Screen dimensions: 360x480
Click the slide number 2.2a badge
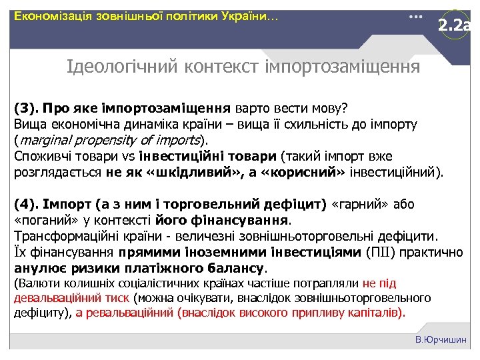coord(455,27)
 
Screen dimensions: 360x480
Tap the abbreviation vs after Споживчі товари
coord(127,157)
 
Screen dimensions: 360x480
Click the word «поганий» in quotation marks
coord(41,220)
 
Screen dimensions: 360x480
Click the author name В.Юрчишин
coord(441,340)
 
